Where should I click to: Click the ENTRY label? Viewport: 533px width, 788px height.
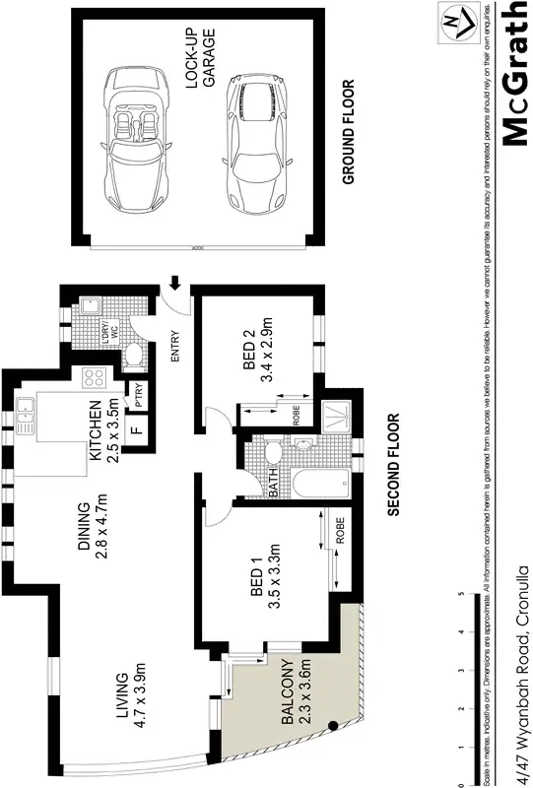(x=178, y=347)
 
